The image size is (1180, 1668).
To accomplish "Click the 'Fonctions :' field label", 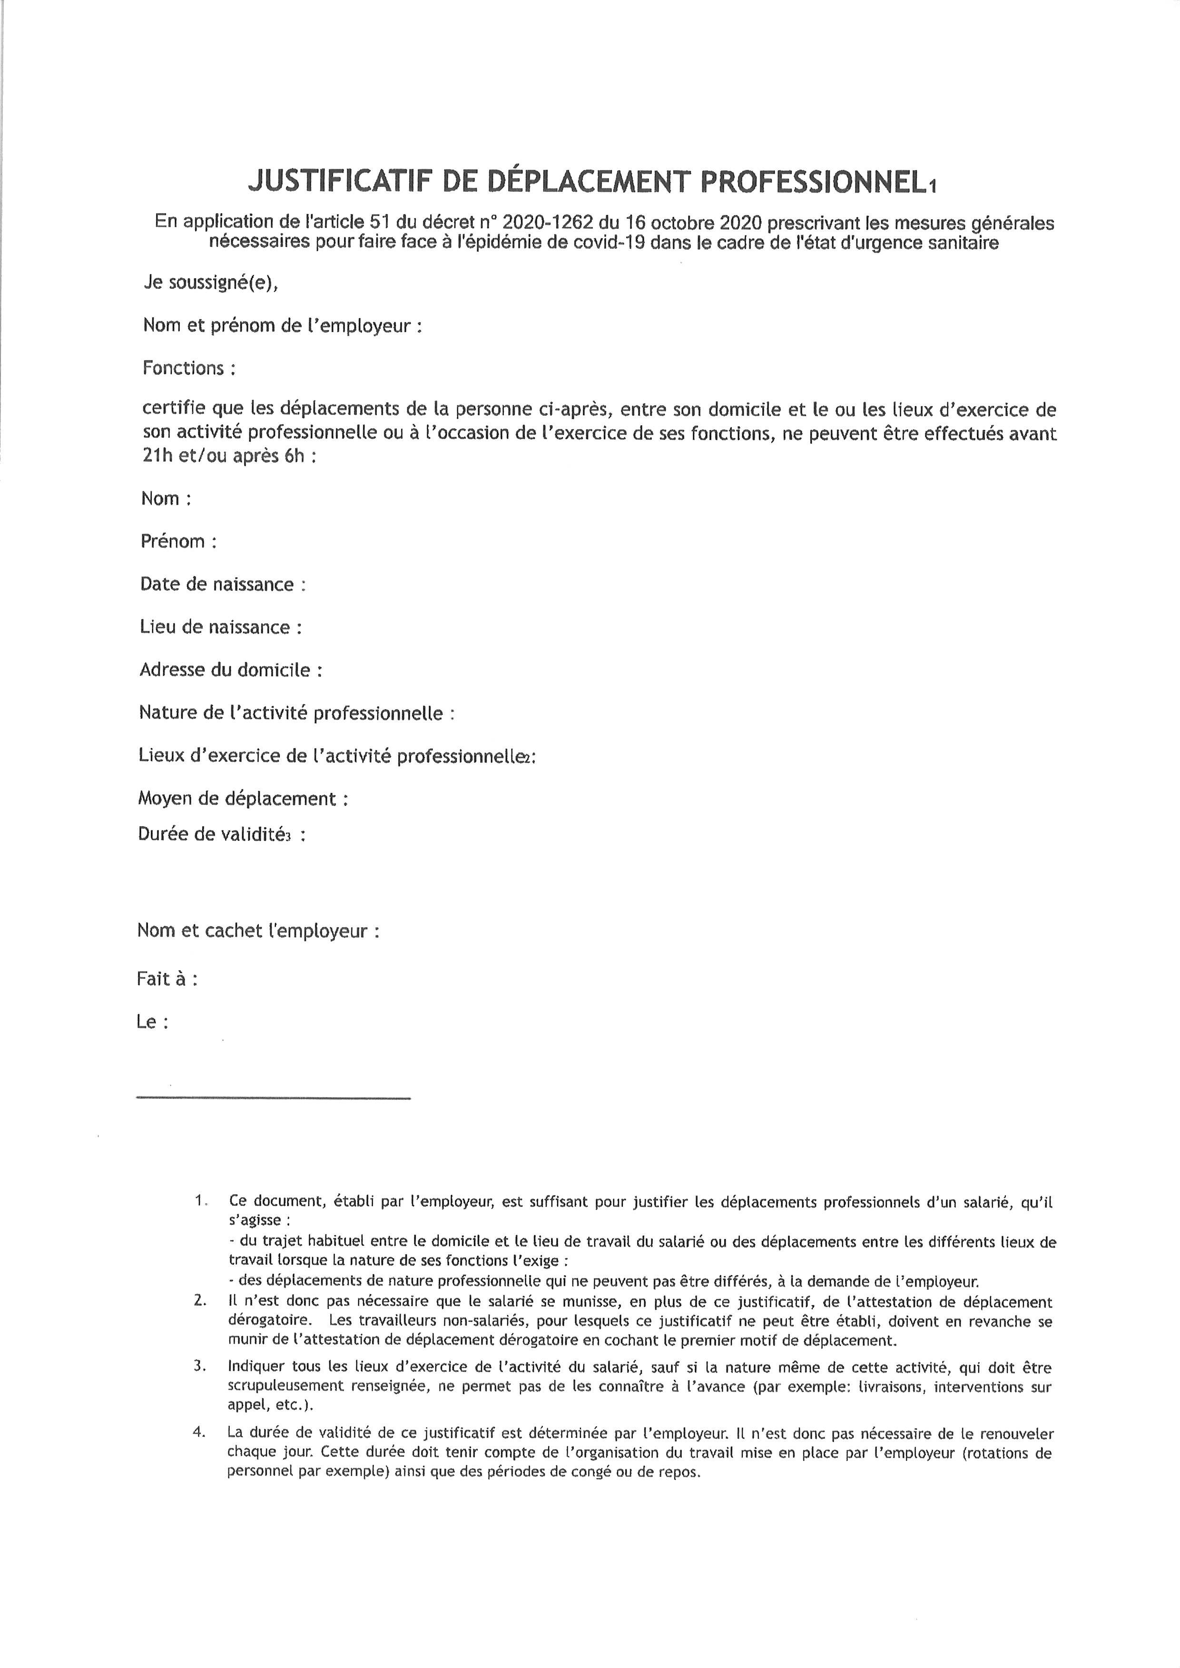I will (189, 368).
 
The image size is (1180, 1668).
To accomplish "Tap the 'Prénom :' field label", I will (178, 542).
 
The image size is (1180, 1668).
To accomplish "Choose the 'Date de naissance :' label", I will (222, 585).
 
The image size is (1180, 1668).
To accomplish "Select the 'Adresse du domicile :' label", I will (230, 670).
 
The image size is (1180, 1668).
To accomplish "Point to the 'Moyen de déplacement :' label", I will (243, 799).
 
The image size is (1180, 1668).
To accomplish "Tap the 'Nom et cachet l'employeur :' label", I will (257, 931).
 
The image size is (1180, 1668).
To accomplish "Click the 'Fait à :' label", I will (167, 979).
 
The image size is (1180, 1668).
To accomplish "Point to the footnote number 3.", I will (200, 1366).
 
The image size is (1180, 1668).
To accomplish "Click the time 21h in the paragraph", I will (156, 458).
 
